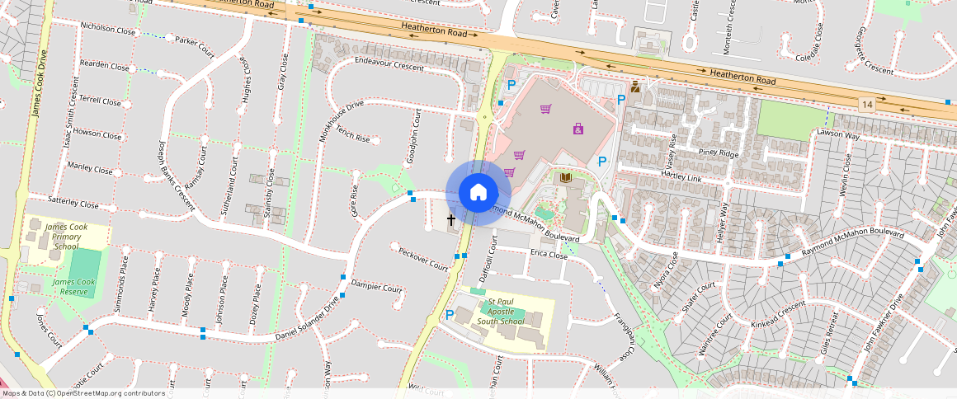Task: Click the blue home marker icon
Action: (x=478, y=193)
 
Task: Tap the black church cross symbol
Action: (x=451, y=220)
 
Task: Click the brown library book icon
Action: (x=566, y=178)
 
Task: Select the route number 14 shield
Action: (x=865, y=104)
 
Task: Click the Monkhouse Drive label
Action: (x=342, y=119)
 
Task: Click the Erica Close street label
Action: (x=549, y=255)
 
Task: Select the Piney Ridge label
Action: (x=718, y=153)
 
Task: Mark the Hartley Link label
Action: (x=681, y=178)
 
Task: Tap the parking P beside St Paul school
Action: (x=450, y=314)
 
